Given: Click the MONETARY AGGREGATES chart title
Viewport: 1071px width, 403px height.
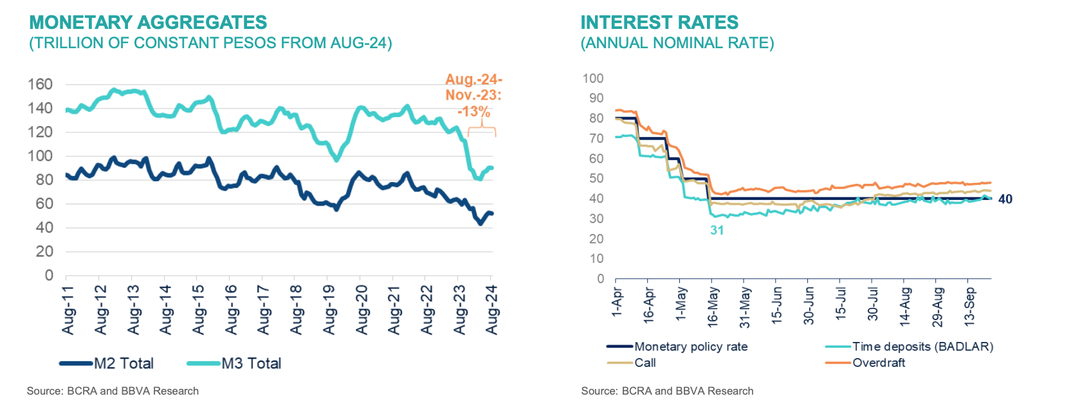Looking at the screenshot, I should tap(148, 22).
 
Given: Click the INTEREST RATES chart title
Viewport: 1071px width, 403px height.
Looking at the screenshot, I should tap(659, 22).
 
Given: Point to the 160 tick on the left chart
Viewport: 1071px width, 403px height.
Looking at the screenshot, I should tap(40, 84).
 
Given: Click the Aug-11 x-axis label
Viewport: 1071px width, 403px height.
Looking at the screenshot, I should tap(68, 310).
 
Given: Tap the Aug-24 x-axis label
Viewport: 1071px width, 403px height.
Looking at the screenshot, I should tap(492, 310).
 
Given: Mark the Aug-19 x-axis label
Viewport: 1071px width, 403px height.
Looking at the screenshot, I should tap(329, 310).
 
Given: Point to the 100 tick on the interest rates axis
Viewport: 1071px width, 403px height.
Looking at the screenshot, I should tap(592, 78).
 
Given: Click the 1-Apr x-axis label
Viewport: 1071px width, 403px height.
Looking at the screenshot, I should tap(617, 302).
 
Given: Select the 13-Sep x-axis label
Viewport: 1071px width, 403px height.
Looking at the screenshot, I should tap(970, 307).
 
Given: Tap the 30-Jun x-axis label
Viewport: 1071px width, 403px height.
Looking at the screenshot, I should tap(809, 305).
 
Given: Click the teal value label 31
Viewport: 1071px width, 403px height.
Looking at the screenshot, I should tap(717, 230).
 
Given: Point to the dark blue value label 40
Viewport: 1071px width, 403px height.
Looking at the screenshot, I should tap(1005, 199).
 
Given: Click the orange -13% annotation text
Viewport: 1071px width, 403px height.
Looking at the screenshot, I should tap(474, 111).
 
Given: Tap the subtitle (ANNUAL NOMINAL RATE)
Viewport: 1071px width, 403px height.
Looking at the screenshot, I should tap(677, 43).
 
